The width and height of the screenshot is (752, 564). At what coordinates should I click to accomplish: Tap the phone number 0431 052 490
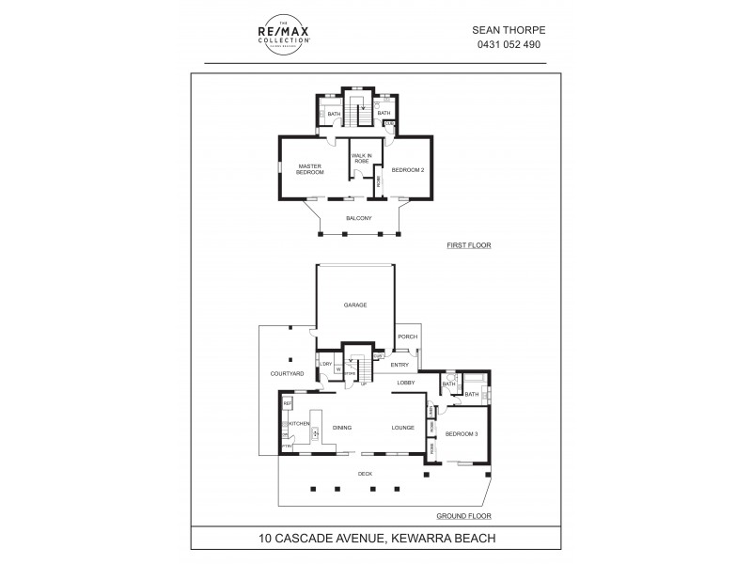tap(509, 44)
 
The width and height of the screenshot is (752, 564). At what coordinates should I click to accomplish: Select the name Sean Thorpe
tap(509, 29)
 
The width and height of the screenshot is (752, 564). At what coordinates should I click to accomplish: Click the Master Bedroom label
tap(310, 169)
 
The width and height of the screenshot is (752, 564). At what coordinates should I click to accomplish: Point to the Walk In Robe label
tap(361, 158)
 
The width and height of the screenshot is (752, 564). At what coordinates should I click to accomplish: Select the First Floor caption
tap(469, 245)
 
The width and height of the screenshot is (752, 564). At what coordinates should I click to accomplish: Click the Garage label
tap(354, 305)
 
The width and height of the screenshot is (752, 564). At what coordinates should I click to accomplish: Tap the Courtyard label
tap(287, 373)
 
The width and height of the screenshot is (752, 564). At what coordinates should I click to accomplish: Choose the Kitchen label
tap(299, 424)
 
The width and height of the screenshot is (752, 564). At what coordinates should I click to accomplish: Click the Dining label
tap(342, 428)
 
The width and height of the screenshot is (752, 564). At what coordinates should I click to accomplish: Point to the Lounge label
tap(403, 428)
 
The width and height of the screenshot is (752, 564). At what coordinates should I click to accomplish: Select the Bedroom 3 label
tap(462, 433)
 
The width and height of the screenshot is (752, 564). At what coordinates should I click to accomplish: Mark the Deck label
tap(365, 474)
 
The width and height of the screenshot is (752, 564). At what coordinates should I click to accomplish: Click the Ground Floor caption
tap(463, 516)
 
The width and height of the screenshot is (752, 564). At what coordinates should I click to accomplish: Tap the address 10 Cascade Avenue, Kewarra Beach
tap(376, 539)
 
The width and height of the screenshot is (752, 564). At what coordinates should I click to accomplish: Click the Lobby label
tap(405, 383)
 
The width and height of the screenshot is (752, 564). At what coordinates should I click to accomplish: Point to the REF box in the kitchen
tap(287, 403)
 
